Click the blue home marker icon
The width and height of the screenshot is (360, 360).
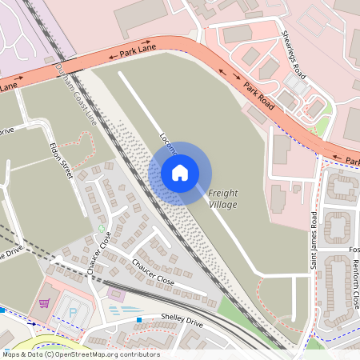pyautogui.click(x=180, y=173)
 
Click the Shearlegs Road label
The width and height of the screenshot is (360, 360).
pyautogui.click(x=294, y=54)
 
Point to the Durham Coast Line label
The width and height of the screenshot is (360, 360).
pyautogui.click(x=75, y=96)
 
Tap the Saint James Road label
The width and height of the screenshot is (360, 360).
pyautogui.click(x=315, y=240)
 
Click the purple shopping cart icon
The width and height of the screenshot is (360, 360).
pyautogui.click(x=44, y=303)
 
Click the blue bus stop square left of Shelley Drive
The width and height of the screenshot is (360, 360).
pyautogui.click(x=138, y=320)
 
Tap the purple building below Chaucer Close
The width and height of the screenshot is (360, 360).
pyautogui.click(x=117, y=294)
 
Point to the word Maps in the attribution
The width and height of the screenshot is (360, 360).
pyautogui.click(x=11, y=354)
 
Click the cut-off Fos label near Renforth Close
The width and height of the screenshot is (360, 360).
pyautogui.click(x=354, y=248)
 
